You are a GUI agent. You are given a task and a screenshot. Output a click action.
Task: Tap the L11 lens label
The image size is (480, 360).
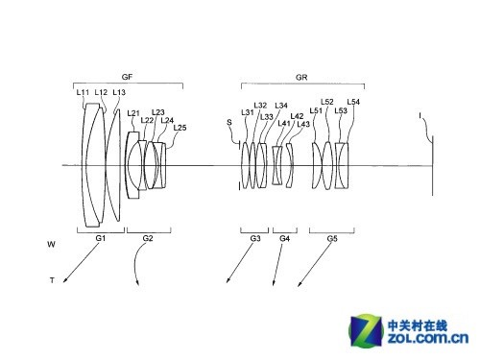point(83,92)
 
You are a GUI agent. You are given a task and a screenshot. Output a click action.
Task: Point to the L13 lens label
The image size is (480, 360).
point(118,92)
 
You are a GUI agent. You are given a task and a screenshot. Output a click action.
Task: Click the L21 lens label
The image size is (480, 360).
point(133,113)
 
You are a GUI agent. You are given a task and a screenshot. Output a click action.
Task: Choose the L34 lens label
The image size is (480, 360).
point(281,106)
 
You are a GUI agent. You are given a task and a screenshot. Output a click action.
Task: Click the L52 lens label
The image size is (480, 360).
point(327,102)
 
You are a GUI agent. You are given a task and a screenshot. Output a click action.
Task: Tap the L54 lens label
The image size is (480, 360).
point(354,102)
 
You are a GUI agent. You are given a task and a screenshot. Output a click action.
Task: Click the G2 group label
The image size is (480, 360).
point(147,237)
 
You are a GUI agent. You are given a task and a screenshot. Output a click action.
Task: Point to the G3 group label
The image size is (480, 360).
point(254,237)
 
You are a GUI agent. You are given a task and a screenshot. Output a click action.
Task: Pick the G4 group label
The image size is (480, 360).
point(284,237)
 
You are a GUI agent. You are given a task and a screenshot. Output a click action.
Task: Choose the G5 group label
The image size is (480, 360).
point(332,237)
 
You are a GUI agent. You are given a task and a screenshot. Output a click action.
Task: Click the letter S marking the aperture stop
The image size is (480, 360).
point(229,122)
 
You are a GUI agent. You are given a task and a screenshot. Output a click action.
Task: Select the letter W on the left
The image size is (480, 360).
point(50,245)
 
